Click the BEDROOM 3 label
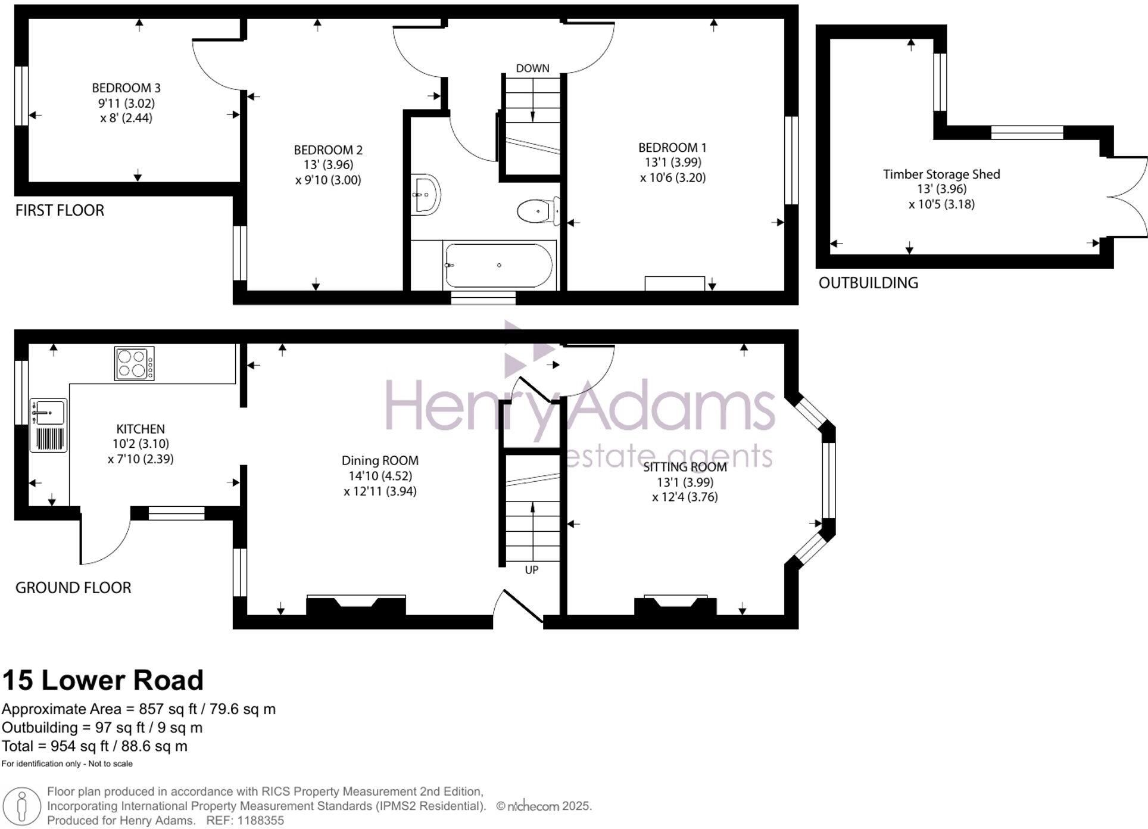(x=126, y=88)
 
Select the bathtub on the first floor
(x=498, y=265)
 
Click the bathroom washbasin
(x=425, y=195)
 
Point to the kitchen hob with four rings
(x=134, y=363)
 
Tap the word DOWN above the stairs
(x=532, y=68)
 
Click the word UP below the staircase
(x=532, y=570)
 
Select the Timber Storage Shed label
(x=941, y=174)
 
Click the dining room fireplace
(x=356, y=606)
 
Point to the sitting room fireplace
(x=675, y=605)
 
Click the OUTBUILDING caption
(x=868, y=283)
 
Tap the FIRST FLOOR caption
(x=60, y=210)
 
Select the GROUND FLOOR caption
(x=73, y=588)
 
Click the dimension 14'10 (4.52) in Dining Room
(x=380, y=476)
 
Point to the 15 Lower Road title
(x=103, y=680)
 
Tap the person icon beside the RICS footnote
(x=22, y=806)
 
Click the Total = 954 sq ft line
(x=94, y=746)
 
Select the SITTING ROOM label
(x=685, y=467)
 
